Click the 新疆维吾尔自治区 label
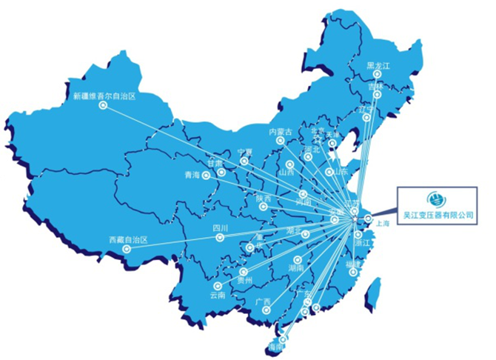(x=105, y=96)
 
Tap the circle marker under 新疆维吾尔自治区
(x=102, y=105)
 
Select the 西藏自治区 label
(x=128, y=240)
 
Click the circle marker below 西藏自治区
(x=127, y=249)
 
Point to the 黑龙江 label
(x=378, y=66)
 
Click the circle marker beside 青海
(x=207, y=175)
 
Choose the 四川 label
(x=220, y=228)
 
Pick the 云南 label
(x=217, y=295)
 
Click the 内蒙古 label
(x=281, y=132)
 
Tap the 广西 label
(x=262, y=301)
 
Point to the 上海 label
(x=383, y=222)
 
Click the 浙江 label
(x=363, y=243)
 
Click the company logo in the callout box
(x=436, y=199)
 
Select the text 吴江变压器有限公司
(x=436, y=215)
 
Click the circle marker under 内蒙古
(x=280, y=141)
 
